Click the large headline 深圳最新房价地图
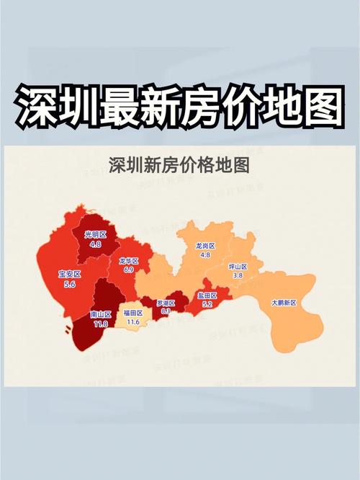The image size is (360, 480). (x=179, y=106)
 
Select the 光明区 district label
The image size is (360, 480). (x=95, y=235)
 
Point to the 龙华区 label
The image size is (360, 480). (x=129, y=260)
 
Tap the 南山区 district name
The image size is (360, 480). (x=100, y=315)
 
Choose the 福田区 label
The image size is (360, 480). (x=133, y=313)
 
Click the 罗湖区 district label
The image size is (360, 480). (x=165, y=302)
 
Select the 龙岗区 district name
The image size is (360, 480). (x=205, y=246)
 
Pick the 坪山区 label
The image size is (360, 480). (x=238, y=267)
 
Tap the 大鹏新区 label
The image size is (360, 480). (x=284, y=303)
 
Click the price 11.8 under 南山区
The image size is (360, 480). (x=100, y=324)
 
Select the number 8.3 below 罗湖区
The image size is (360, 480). (x=165, y=311)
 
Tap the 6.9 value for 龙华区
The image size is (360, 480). (x=129, y=269)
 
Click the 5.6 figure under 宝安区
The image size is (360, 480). (x=70, y=285)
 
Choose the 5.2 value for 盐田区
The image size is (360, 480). (x=207, y=305)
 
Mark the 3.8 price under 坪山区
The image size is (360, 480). (x=238, y=275)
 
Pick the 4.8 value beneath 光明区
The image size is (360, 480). (x=95, y=244)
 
